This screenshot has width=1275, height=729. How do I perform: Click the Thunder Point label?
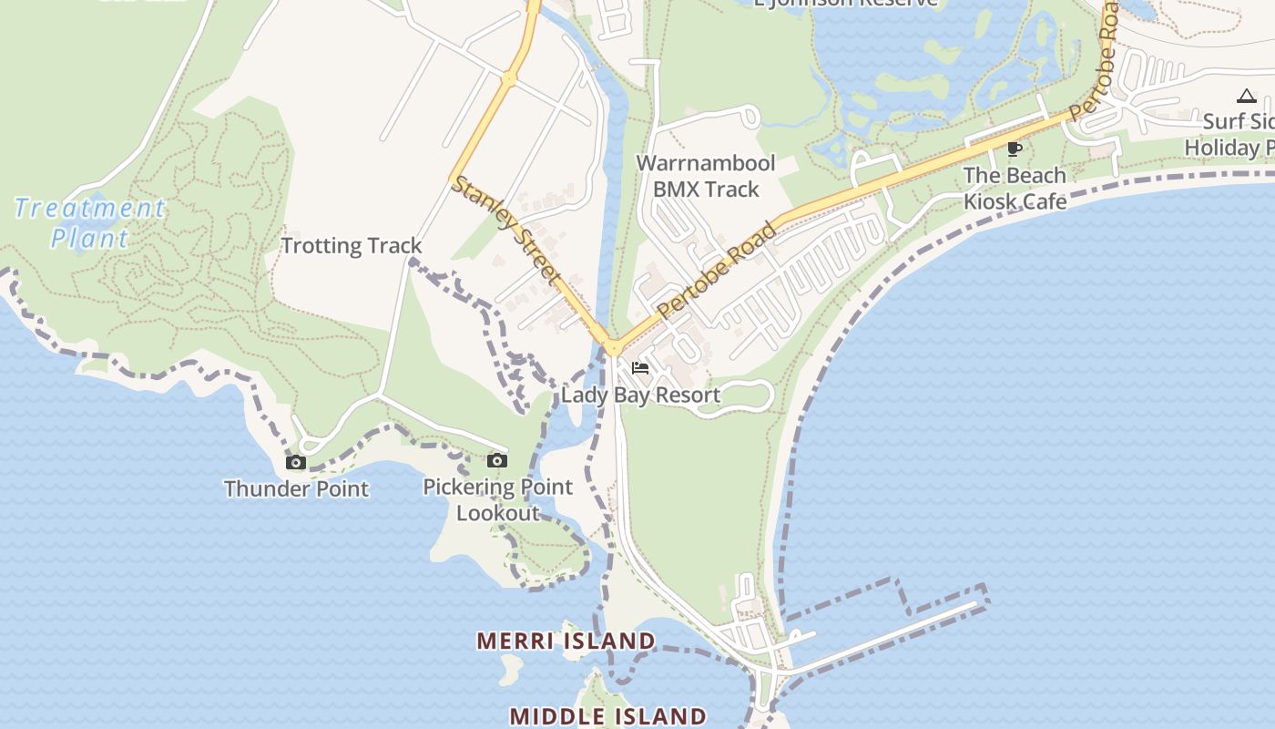[297, 488]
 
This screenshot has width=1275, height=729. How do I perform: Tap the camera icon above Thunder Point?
[296, 462]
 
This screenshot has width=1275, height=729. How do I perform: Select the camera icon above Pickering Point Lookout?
[496, 460]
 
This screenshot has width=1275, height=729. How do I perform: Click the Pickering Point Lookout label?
[497, 499]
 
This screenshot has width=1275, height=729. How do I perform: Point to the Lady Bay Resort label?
[640, 395]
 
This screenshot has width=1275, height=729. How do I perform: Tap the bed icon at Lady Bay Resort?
[640, 368]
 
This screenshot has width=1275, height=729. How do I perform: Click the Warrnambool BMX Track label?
[706, 176]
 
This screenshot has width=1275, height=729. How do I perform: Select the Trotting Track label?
[352, 245]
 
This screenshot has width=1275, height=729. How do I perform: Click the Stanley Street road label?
[506, 227]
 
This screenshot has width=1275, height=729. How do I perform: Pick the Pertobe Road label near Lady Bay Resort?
[719, 269]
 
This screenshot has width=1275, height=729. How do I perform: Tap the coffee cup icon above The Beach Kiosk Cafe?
[1014, 149]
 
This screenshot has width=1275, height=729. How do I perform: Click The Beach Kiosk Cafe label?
[1015, 188]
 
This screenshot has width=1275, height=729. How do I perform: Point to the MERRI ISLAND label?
[566, 641]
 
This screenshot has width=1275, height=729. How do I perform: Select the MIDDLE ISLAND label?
[607, 716]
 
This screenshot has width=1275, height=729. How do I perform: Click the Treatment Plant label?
[89, 223]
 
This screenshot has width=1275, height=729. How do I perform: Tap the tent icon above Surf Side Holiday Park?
[1246, 96]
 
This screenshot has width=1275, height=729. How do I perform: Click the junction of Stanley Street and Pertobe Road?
[612, 347]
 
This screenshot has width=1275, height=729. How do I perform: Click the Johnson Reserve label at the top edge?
[846, 3]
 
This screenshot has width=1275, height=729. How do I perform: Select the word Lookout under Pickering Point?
[497, 513]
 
